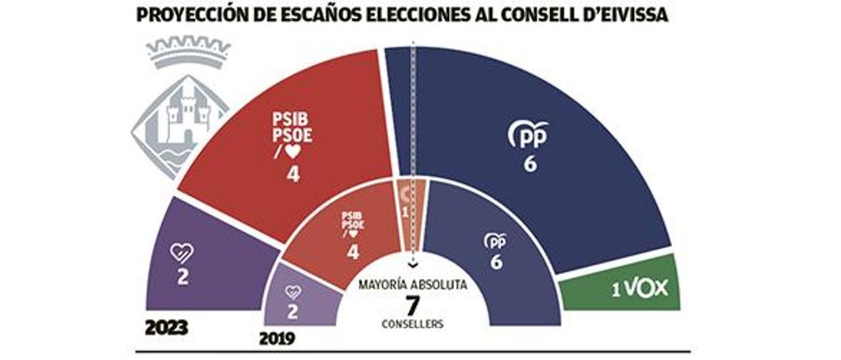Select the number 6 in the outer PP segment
tap(530, 164)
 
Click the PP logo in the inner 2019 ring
tap(495, 241)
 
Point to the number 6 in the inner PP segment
tap(496, 262)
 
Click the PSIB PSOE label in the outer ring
tap(292, 129)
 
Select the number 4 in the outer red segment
tap(292, 174)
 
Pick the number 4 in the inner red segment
tap(353, 251)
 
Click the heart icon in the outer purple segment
tap(182, 252)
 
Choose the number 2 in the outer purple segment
tap(183, 277)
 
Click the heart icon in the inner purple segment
tap(292, 292)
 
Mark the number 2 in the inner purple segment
tap(292, 312)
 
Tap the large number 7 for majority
tap(413, 305)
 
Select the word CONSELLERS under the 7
tap(413, 325)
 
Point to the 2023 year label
tap(166, 328)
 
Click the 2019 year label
tap(277, 339)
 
